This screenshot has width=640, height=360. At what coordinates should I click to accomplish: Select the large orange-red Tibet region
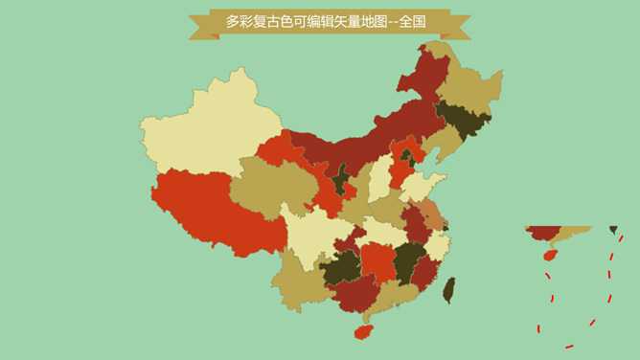click(206, 211)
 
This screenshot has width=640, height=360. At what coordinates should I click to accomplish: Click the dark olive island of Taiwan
click(448, 289)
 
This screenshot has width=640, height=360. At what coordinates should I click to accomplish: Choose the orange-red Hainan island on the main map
click(362, 332)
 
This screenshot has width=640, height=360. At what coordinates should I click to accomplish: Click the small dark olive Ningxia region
click(340, 178)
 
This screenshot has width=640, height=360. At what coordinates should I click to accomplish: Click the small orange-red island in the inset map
click(550, 256)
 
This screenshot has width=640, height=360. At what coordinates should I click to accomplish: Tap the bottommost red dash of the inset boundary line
click(569, 346)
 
